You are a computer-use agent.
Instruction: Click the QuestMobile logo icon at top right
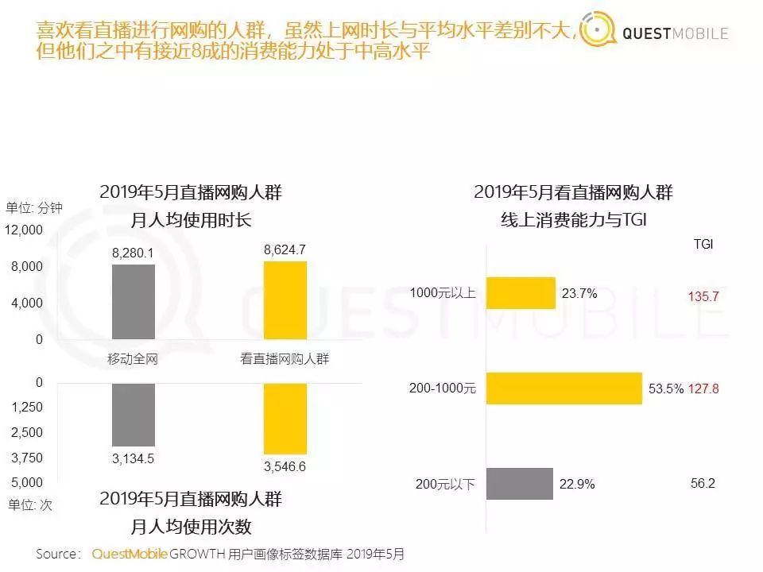click(x=598, y=32)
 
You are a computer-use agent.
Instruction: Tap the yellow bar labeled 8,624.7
click(x=285, y=300)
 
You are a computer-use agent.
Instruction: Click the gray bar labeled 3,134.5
click(x=134, y=414)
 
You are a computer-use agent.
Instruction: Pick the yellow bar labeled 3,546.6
click(x=285, y=418)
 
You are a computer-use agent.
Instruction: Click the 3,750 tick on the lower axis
click(x=28, y=458)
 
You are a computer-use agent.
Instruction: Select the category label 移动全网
click(x=133, y=359)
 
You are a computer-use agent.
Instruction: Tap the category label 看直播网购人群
click(x=285, y=359)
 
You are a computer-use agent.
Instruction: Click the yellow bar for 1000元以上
click(x=521, y=293)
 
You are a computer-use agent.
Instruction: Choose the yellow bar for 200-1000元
click(x=564, y=388)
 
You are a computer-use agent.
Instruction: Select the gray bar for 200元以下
click(x=519, y=484)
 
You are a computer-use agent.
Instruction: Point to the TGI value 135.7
click(x=703, y=296)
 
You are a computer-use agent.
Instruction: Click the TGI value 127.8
click(x=703, y=389)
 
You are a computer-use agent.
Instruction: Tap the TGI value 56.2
click(x=703, y=483)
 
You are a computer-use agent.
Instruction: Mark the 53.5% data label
click(x=665, y=389)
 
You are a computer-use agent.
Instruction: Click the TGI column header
click(x=703, y=245)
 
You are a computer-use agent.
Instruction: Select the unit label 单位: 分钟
click(x=34, y=207)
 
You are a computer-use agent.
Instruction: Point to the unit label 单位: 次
click(x=29, y=504)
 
